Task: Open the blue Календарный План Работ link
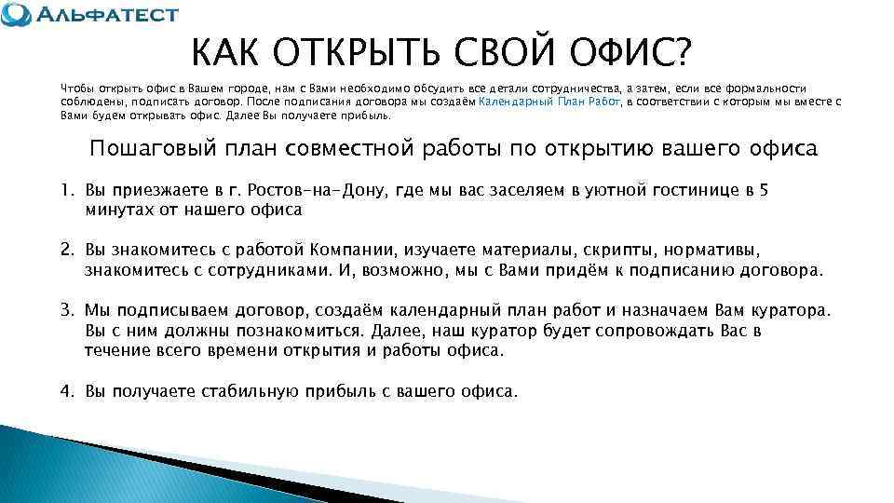(x=549, y=101)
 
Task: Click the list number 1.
(x=66, y=191)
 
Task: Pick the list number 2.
(x=66, y=251)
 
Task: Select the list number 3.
(x=66, y=310)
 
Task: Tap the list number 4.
(x=66, y=391)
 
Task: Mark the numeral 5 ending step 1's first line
(x=765, y=191)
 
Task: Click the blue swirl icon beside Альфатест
(x=17, y=16)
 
